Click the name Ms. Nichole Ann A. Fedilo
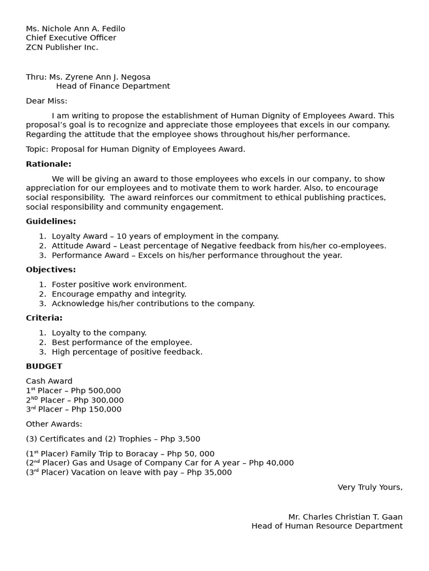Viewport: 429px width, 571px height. [x=75, y=28]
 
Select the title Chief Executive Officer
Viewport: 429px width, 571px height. [x=71, y=38]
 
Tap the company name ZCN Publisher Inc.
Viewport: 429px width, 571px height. [x=62, y=47]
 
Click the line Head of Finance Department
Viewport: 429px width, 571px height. [x=113, y=86]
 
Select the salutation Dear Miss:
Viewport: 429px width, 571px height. [x=46, y=101]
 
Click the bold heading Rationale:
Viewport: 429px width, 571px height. [x=49, y=164]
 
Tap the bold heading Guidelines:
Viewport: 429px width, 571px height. [x=51, y=221]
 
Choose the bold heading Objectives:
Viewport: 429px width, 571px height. [x=51, y=270]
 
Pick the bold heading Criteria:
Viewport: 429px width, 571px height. [x=44, y=318]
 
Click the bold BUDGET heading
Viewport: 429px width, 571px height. [x=44, y=366]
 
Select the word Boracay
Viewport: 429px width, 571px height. [x=136, y=454]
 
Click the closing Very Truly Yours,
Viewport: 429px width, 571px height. [x=370, y=487]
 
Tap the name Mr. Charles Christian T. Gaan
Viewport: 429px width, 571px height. [x=345, y=517]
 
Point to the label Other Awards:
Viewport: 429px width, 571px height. [x=54, y=424]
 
